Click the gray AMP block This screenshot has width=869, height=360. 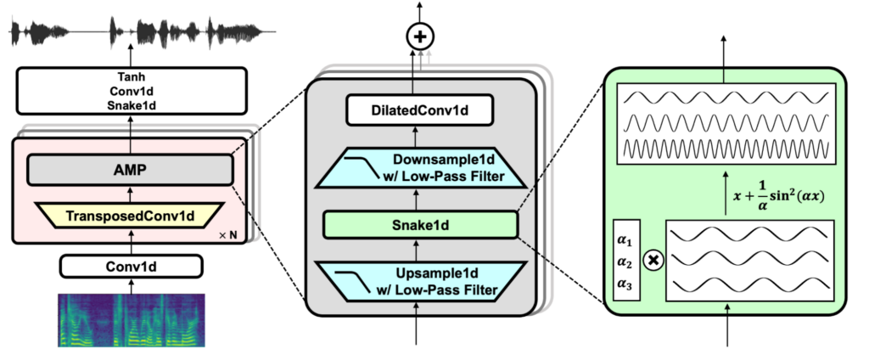[x=130, y=169]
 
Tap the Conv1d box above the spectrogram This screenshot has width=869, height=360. [x=130, y=266]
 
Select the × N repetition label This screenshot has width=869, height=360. [x=229, y=233]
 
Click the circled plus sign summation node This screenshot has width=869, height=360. [x=418, y=37]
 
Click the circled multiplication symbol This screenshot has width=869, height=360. [x=653, y=261]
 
